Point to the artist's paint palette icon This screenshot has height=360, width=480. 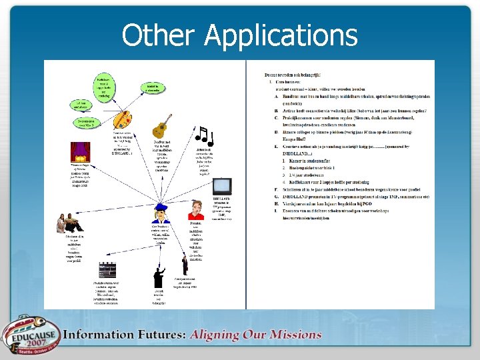tap(121, 121)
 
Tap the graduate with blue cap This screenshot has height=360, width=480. tap(161, 214)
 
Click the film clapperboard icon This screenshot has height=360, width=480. tap(107, 270)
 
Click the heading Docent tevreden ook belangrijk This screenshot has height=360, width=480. tap(293, 75)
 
